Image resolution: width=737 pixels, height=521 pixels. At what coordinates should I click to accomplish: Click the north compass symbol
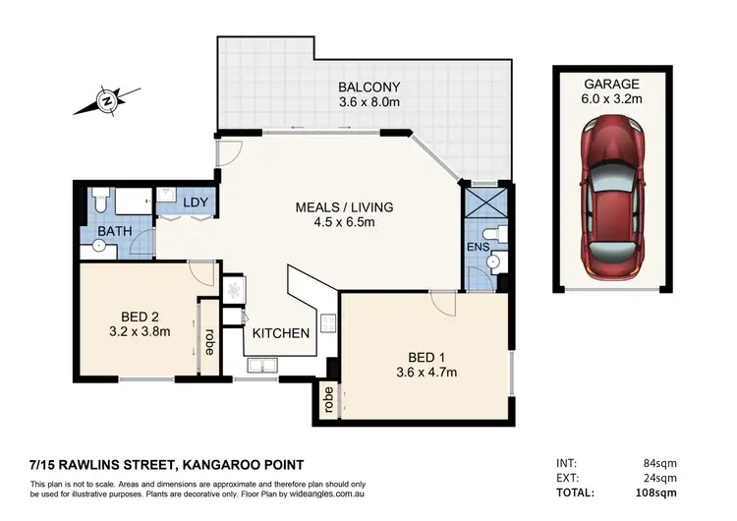point(106,98)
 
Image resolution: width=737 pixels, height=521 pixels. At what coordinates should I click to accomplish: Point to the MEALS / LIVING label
point(344,207)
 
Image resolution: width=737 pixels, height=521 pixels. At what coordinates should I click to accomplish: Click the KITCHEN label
point(281,333)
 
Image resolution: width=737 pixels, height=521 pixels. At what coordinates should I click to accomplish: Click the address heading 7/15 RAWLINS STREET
point(167,464)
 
